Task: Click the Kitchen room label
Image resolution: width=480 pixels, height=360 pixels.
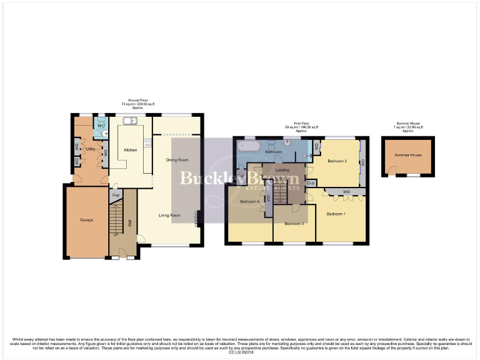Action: click(131, 150)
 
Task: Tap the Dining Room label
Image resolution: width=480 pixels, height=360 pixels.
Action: click(177, 160)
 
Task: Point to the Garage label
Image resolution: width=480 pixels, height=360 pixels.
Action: click(86, 220)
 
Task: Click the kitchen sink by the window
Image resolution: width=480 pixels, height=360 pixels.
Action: click(130, 121)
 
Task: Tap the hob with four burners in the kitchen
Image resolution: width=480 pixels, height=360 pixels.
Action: click(147, 143)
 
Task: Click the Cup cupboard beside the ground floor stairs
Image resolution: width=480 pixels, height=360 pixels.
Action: click(115, 196)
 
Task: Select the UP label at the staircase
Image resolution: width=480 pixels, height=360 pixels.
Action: click(116, 235)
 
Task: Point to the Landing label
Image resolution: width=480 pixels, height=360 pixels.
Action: click(282, 170)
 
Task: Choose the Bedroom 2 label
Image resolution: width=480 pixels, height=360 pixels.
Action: click(336, 161)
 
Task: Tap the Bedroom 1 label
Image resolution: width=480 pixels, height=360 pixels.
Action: click(336, 214)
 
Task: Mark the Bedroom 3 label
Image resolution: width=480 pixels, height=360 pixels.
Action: click(294, 224)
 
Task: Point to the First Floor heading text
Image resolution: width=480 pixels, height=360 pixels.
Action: click(302, 124)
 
